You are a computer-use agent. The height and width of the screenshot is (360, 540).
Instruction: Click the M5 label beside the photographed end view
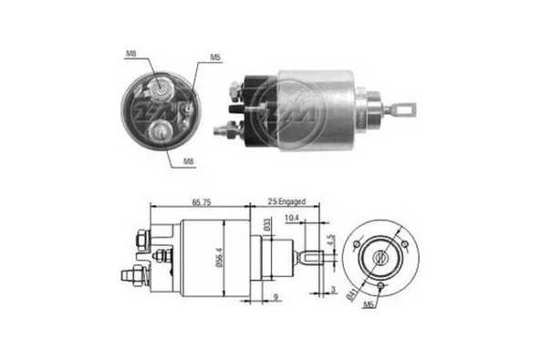pos(215,57)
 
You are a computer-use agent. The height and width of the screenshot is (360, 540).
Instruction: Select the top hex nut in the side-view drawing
pos(142,239)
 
